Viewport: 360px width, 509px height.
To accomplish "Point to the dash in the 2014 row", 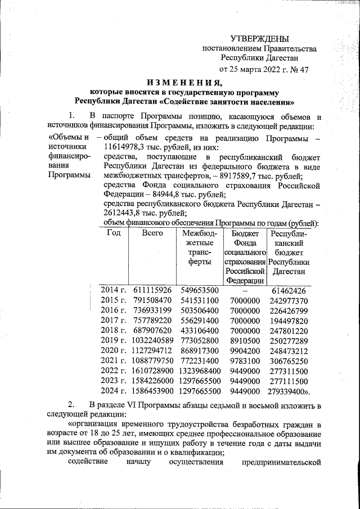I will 245,290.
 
